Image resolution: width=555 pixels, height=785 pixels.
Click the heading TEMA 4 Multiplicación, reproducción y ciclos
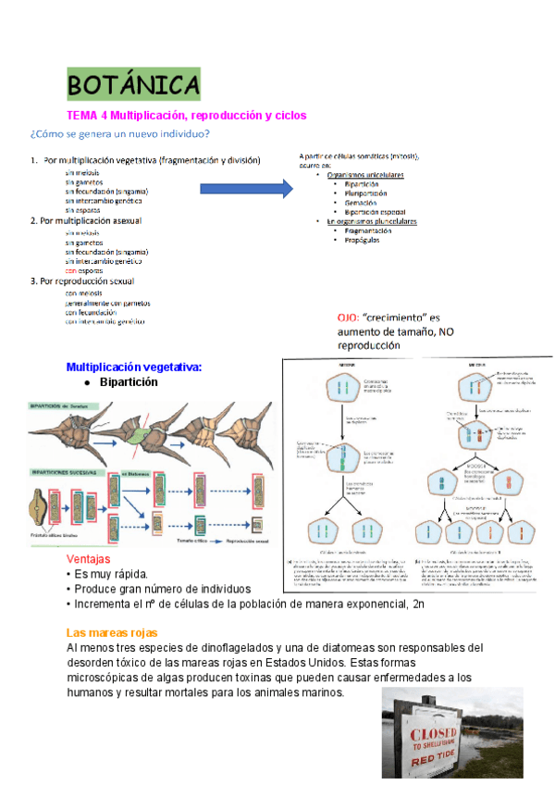coord(186,116)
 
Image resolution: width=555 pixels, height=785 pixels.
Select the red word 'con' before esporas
coord(70,270)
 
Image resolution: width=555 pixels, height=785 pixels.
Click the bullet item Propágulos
coord(362,240)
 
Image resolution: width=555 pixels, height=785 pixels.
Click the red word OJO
coord(348,317)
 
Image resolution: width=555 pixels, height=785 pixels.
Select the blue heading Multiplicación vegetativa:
coord(134,367)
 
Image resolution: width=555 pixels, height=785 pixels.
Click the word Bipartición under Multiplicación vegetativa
coord(129,381)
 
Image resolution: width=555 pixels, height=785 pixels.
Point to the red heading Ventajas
coord(89,559)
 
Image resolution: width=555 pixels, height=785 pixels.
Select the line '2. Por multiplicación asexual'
coord(95,221)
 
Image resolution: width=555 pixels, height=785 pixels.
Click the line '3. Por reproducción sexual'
coord(89,280)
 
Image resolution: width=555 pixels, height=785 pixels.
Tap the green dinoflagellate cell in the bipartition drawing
coord(142,431)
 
